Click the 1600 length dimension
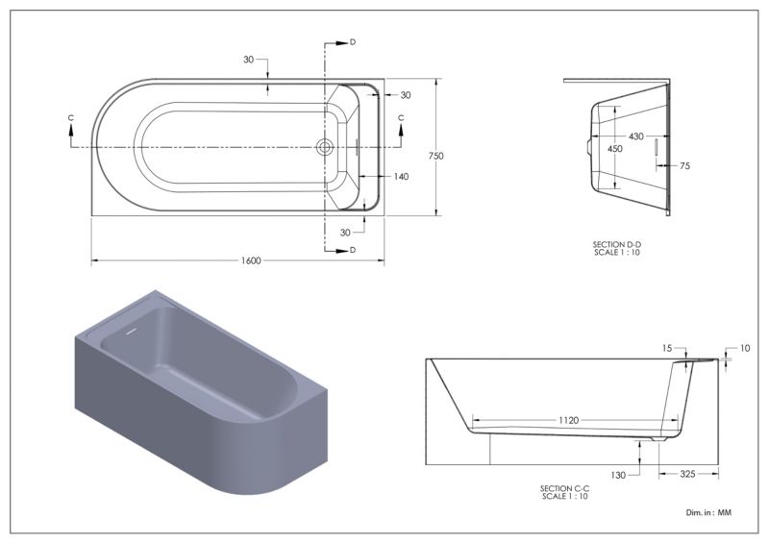click(x=251, y=260)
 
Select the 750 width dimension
click(x=435, y=156)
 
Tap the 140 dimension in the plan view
click(x=401, y=177)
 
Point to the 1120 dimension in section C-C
click(x=568, y=420)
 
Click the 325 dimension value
click(x=687, y=474)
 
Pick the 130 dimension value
click(x=618, y=475)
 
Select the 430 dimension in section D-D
click(x=635, y=136)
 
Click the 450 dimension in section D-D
click(x=614, y=149)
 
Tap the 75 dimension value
click(x=684, y=166)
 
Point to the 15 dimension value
click(x=667, y=348)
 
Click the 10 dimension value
click(x=744, y=348)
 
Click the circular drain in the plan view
click(x=324, y=147)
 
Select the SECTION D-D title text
click(x=616, y=244)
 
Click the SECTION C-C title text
click(x=564, y=488)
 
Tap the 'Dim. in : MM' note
click(x=708, y=512)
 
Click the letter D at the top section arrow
click(x=353, y=42)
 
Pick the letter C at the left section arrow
click(x=71, y=117)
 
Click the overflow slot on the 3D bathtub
click(x=131, y=332)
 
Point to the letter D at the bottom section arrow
click(x=353, y=250)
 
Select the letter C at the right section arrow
click(x=401, y=117)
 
